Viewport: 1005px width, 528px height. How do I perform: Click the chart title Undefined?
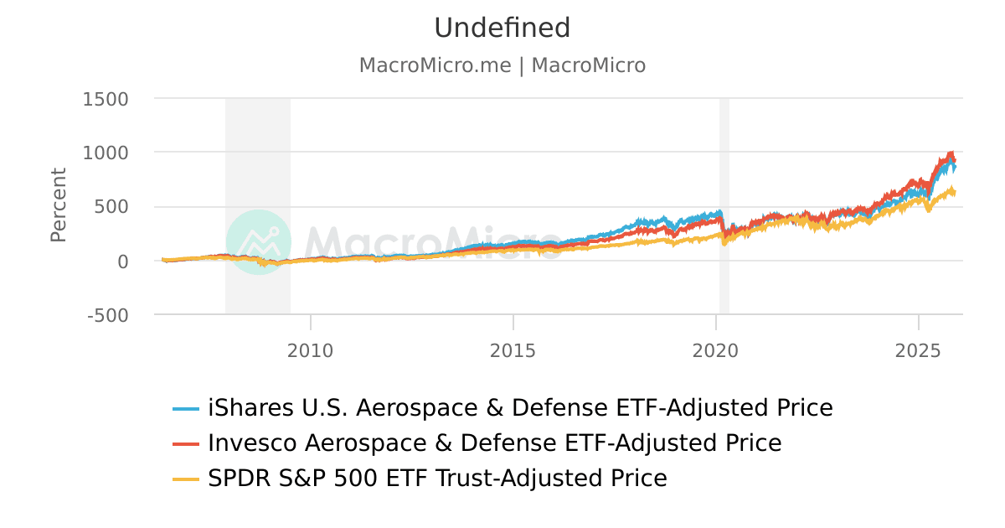coord(502,28)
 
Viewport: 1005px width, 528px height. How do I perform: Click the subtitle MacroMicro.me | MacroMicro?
coord(502,65)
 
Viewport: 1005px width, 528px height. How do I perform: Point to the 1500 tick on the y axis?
coord(106,99)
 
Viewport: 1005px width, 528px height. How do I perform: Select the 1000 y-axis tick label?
coord(106,153)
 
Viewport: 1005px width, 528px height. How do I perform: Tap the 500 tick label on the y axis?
coord(111,207)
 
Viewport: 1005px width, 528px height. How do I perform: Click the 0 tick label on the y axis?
coord(122,261)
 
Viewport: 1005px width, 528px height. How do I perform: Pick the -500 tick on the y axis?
coord(107,315)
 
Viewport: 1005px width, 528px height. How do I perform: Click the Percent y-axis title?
coord(58,205)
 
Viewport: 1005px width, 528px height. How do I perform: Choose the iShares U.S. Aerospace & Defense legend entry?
coord(520,408)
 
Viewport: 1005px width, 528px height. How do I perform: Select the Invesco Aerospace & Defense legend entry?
coord(494,443)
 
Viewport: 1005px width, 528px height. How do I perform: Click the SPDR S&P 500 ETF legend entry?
coord(437,479)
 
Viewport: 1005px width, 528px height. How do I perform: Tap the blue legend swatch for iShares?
coord(186,408)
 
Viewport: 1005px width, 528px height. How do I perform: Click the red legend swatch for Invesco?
coord(186,443)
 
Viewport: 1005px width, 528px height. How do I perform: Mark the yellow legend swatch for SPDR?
coord(186,479)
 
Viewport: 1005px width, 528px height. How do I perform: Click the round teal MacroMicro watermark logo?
coord(259,241)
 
